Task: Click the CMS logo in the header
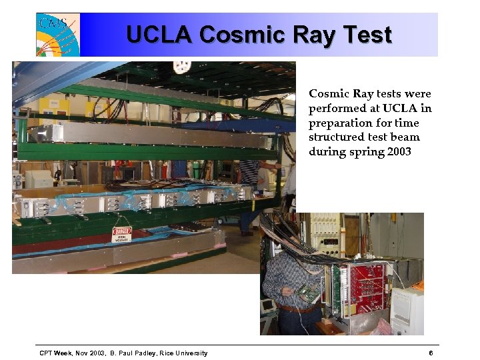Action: pyautogui.click(x=58, y=34)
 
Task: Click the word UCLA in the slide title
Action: pyautogui.click(x=159, y=34)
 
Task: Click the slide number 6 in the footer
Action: pyautogui.click(x=431, y=353)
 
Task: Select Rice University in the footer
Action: pyautogui.click(x=183, y=353)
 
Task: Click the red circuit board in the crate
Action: pyautogui.click(x=367, y=287)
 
